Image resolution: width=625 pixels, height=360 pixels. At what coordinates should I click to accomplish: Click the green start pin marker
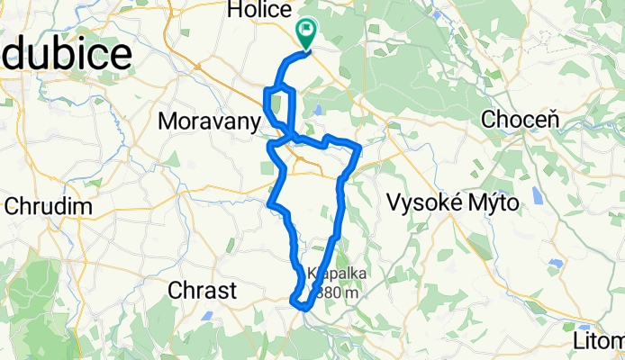(306, 34)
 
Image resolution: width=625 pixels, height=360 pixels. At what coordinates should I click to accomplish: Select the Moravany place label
(208, 119)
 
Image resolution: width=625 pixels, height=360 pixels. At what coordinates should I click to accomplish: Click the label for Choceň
(521, 118)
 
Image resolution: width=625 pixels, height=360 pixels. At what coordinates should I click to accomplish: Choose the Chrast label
(203, 290)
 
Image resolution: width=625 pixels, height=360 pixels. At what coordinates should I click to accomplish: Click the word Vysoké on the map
(422, 203)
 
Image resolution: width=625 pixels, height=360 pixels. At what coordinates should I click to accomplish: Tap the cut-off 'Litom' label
(598, 341)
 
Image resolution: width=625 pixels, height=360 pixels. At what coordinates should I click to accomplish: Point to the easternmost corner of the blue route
(360, 146)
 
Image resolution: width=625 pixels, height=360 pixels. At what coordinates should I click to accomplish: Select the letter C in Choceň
(490, 118)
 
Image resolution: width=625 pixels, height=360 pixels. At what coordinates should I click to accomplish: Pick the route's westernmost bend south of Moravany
(271, 203)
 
